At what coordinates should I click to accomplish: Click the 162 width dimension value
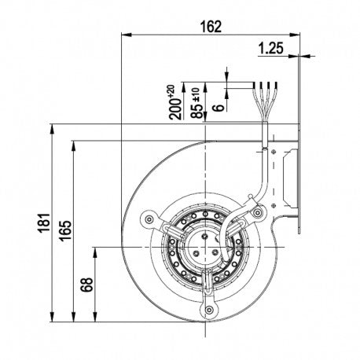(211, 27)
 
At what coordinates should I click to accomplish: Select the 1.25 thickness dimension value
(271, 48)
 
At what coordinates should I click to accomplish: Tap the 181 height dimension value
(44, 222)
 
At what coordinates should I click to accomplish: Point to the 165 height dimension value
(65, 230)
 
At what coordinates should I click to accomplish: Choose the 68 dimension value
(86, 285)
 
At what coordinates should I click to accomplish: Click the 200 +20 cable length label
(175, 102)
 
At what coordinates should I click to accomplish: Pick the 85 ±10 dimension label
(197, 103)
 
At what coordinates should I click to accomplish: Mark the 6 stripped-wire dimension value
(219, 107)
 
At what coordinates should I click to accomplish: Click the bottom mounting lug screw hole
(209, 310)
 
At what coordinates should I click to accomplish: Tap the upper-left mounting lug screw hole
(149, 219)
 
